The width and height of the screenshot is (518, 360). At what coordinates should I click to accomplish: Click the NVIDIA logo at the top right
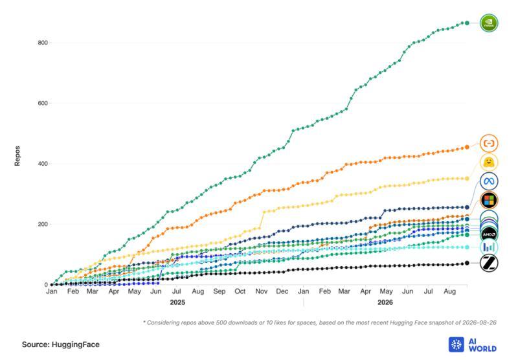click(x=489, y=23)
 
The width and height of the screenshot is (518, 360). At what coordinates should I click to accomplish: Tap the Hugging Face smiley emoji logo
click(x=489, y=163)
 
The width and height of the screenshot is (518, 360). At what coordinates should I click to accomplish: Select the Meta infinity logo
click(x=489, y=181)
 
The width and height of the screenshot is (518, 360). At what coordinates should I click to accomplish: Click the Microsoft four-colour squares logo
click(x=489, y=200)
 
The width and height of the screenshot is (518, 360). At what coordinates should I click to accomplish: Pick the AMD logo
click(x=489, y=234)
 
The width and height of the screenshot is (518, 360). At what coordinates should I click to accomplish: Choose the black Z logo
click(x=489, y=264)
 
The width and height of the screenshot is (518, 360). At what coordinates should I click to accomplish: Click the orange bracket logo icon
click(x=489, y=143)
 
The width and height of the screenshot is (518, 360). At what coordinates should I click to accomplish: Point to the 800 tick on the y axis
click(x=43, y=43)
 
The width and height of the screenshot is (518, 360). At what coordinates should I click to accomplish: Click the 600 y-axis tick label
click(x=43, y=103)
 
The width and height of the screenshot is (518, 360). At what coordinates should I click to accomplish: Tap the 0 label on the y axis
click(x=46, y=285)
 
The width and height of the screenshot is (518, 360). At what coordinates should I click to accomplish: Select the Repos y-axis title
click(x=17, y=156)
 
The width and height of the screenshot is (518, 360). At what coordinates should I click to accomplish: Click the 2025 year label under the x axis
click(x=177, y=302)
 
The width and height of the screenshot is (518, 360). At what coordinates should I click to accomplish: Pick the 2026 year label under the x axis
click(x=385, y=302)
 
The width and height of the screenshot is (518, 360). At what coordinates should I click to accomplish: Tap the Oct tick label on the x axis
click(x=240, y=291)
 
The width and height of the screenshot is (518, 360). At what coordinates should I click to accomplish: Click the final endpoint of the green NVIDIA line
click(x=467, y=23)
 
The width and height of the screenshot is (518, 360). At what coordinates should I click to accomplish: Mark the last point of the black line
click(x=467, y=263)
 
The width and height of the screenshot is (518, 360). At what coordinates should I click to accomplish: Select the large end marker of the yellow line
click(x=467, y=179)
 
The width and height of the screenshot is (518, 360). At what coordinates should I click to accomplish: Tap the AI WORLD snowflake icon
click(x=456, y=344)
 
